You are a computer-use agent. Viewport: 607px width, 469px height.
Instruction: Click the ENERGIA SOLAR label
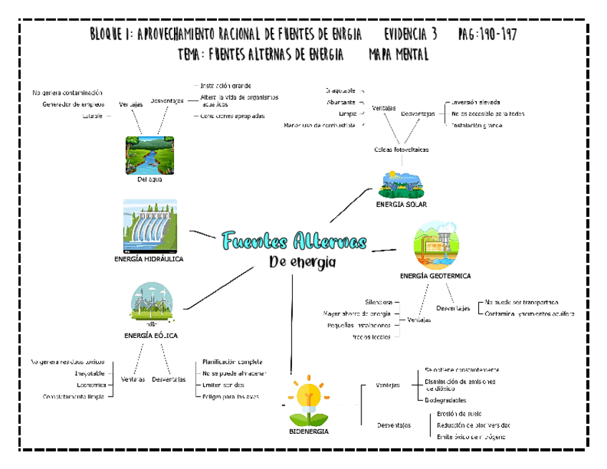pos(401,205)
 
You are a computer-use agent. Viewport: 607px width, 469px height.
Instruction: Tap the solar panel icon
pos(400,184)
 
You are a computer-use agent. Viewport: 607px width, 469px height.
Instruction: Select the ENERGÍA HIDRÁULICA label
pos(149,259)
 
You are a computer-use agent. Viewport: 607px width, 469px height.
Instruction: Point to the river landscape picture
pos(150,155)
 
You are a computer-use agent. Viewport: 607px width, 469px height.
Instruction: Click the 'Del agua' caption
pos(150,180)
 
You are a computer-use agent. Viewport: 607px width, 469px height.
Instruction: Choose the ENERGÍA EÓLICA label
pos(151,335)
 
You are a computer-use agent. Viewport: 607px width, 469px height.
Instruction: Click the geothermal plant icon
pos(435,245)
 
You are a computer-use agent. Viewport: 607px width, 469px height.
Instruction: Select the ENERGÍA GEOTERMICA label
pos(435,276)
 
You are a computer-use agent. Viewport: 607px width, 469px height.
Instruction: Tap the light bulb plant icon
pos(309,401)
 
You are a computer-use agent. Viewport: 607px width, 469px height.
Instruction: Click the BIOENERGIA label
pos(309,432)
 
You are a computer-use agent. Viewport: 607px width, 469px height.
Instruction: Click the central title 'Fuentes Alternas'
pos(294,241)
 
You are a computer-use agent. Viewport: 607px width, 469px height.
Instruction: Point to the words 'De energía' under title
pos(302,262)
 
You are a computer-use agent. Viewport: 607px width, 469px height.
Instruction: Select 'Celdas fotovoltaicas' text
pos(402,150)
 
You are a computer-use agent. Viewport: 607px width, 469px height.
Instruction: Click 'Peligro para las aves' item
pos(230,396)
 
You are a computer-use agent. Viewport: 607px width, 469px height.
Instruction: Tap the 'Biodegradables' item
pos(445,400)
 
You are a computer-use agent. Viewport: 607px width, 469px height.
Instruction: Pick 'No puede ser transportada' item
pos(521,303)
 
